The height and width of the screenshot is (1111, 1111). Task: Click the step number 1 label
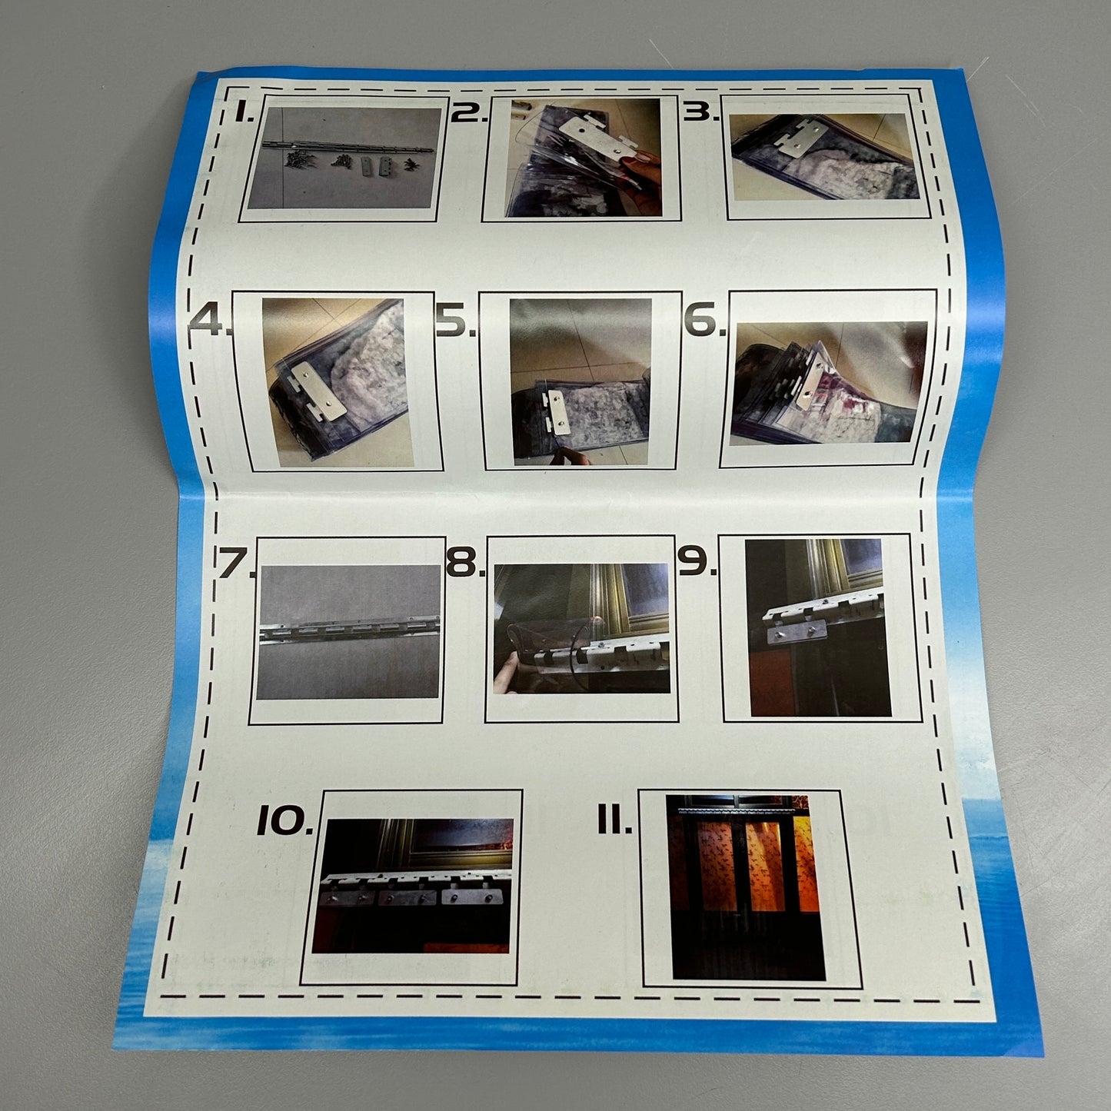(244, 111)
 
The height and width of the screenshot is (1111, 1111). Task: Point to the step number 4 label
(210, 321)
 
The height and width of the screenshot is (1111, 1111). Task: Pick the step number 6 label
(704, 319)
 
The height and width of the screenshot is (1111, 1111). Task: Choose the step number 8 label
(467, 561)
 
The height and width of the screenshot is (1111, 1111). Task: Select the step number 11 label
(614, 820)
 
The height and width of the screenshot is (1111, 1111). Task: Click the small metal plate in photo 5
(557, 411)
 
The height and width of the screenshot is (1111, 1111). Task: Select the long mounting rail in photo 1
(348, 146)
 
